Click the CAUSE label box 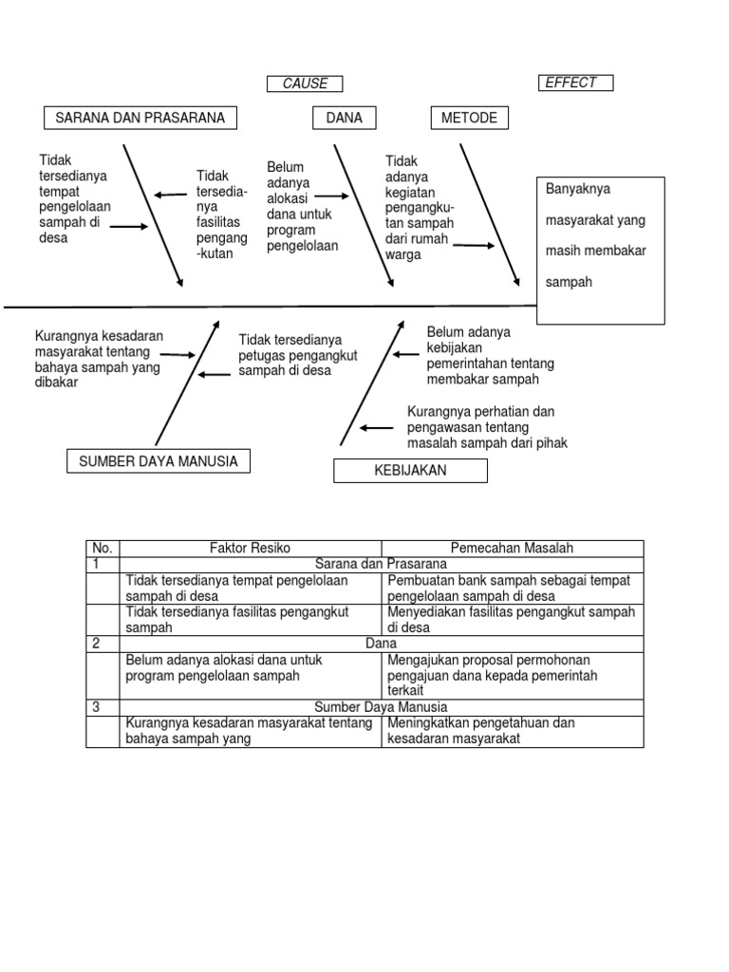(305, 84)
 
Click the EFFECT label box (575, 83)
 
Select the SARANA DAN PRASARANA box (140, 118)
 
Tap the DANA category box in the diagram (344, 118)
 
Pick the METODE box (469, 118)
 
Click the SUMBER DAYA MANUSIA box (159, 461)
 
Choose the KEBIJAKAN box (410, 471)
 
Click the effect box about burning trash (601, 251)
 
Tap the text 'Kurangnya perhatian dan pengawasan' (487, 427)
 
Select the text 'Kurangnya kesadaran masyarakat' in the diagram (99, 359)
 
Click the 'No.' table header (103, 548)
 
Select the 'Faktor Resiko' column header (251, 548)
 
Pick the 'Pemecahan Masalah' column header (512, 548)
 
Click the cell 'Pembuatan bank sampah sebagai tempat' (512, 588)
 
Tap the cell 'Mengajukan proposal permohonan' (512, 675)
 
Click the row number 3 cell (103, 707)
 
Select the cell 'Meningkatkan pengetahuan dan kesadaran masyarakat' (512, 731)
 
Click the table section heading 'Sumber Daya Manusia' (381, 707)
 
